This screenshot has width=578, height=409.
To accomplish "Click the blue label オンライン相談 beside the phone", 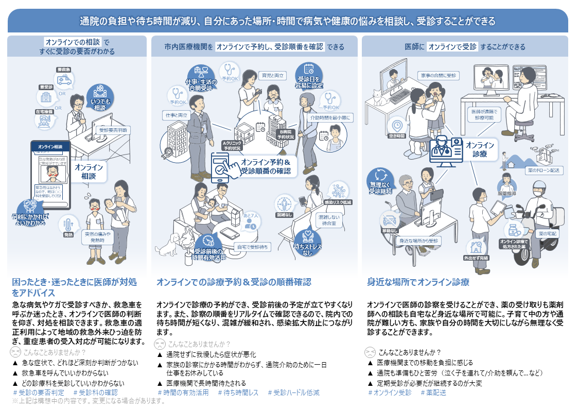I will pos(89,172).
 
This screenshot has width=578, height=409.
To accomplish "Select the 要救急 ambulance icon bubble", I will pos(65,78).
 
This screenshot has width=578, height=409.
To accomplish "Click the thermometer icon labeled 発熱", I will pos(67,225).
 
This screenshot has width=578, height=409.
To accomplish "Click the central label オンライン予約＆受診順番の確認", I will pos(265,166).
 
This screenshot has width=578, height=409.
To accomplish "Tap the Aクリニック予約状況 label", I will pos(231,145).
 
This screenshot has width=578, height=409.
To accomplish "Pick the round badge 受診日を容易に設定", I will pos(309,76).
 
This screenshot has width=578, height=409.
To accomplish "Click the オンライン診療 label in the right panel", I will pos(479,149).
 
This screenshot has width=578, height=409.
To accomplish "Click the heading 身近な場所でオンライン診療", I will pos(417,282).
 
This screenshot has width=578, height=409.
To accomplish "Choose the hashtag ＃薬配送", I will pos(433,392).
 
